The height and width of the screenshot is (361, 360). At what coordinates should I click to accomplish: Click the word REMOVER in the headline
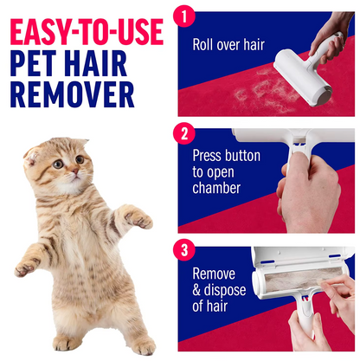[73, 94]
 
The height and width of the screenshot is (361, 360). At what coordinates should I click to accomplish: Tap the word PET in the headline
[33, 63]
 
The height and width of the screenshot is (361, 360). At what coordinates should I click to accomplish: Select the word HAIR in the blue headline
[95, 63]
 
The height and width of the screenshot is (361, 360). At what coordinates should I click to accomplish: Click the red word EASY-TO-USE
[87, 32]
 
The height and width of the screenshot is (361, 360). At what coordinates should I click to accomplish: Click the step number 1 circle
[184, 16]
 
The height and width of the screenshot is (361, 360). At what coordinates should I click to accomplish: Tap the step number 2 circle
[184, 133]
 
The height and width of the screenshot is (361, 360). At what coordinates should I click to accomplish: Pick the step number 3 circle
[184, 250]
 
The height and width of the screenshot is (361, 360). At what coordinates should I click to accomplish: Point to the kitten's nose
[75, 171]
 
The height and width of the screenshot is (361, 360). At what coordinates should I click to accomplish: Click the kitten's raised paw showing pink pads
[139, 219]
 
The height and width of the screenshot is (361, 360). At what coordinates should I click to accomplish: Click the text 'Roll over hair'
[228, 45]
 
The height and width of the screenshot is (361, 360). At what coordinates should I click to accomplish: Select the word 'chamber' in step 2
[216, 188]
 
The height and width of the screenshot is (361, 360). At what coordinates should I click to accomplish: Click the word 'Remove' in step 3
[214, 274]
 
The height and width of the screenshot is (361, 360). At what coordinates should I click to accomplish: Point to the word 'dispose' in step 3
[225, 290]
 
